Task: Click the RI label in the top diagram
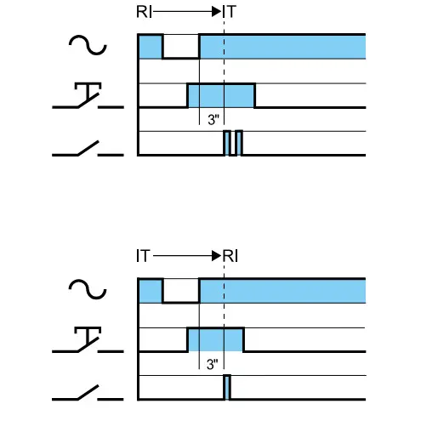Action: point(144,12)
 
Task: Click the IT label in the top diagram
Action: point(230,12)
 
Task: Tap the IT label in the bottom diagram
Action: point(143,256)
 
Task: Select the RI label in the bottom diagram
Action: point(230,256)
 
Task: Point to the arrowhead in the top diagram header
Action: point(217,12)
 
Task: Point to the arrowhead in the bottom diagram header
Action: point(217,256)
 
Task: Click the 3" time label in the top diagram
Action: point(213,120)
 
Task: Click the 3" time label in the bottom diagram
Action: point(213,364)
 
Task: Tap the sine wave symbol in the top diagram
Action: point(88,45)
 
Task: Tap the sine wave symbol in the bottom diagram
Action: point(88,289)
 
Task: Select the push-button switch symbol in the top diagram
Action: point(88,96)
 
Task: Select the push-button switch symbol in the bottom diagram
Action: point(88,340)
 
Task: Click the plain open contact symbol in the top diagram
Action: point(88,149)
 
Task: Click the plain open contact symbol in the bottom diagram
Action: point(88,393)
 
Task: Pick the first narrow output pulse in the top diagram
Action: point(227,143)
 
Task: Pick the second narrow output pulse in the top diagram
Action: point(239,143)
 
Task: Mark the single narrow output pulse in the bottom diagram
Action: point(227,387)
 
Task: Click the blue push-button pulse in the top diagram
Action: point(221,96)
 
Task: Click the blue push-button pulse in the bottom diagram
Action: point(215,339)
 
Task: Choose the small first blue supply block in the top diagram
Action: point(151,47)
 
